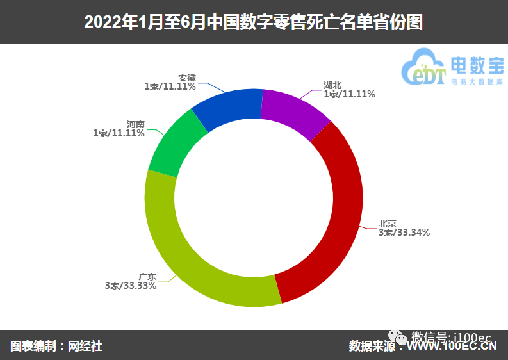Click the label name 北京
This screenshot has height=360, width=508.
(x=387, y=224)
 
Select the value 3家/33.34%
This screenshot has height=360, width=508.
(x=404, y=233)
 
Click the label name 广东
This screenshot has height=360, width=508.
(x=147, y=277)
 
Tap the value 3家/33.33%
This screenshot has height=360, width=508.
(x=131, y=286)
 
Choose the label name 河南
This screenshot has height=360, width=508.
(x=135, y=124)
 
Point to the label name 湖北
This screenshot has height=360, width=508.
(x=332, y=85)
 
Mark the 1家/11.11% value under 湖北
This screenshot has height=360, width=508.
(x=349, y=94)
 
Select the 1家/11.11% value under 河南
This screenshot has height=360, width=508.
(x=119, y=133)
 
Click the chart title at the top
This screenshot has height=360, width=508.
(x=254, y=22)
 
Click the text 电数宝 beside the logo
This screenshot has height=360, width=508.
(x=477, y=65)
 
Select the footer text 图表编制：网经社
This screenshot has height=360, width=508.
(x=56, y=346)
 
